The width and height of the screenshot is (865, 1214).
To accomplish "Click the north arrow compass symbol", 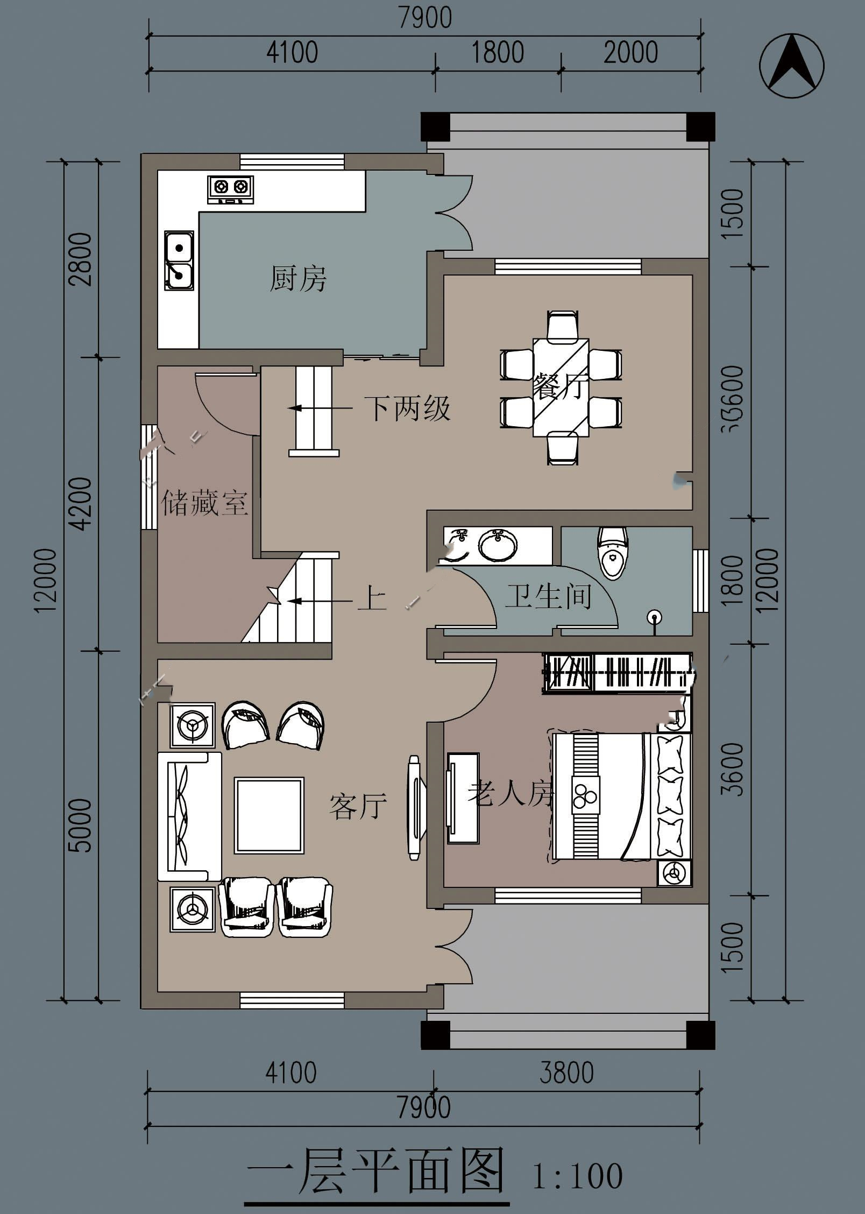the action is pos(791,66).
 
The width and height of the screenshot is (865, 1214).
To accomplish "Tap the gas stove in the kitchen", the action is pos(230,190).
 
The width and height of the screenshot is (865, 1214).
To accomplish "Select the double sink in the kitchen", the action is pos(179,260).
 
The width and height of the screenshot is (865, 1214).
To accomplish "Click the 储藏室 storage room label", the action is pos(204,503).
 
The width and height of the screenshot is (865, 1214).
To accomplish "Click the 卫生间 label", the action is pos(548,596).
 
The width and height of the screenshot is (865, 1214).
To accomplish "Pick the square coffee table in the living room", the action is pos(269,815).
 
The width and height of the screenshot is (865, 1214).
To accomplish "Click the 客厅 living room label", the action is pos(358,806).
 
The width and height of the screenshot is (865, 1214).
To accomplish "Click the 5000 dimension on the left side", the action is pos(81,825).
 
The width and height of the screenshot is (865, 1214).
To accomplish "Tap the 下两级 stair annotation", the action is pos(407,408).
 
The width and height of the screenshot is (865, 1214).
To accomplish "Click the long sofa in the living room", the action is pos(189,816).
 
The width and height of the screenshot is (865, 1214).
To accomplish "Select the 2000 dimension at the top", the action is pos(630,53).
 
